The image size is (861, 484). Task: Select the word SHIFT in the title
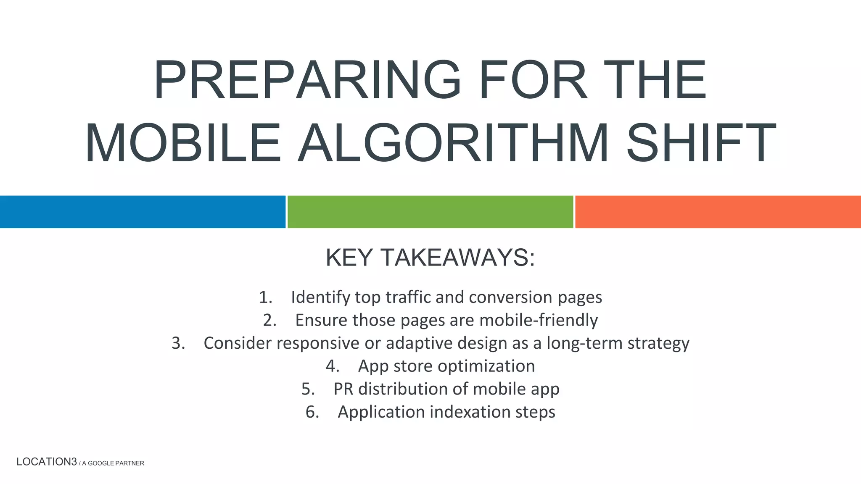(x=700, y=143)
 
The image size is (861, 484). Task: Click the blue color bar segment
(x=143, y=212)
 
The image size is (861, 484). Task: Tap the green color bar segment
(x=430, y=212)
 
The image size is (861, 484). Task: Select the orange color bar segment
(x=718, y=212)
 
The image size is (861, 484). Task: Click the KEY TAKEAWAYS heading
(x=430, y=258)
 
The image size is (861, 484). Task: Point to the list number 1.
(x=265, y=297)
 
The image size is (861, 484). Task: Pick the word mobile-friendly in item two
(x=539, y=320)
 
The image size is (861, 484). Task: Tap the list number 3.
(x=178, y=343)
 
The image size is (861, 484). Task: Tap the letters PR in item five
(x=343, y=389)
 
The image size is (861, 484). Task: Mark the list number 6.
(x=312, y=412)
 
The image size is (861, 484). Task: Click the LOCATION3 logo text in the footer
(x=47, y=462)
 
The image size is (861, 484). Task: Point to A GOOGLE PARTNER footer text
(x=113, y=463)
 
